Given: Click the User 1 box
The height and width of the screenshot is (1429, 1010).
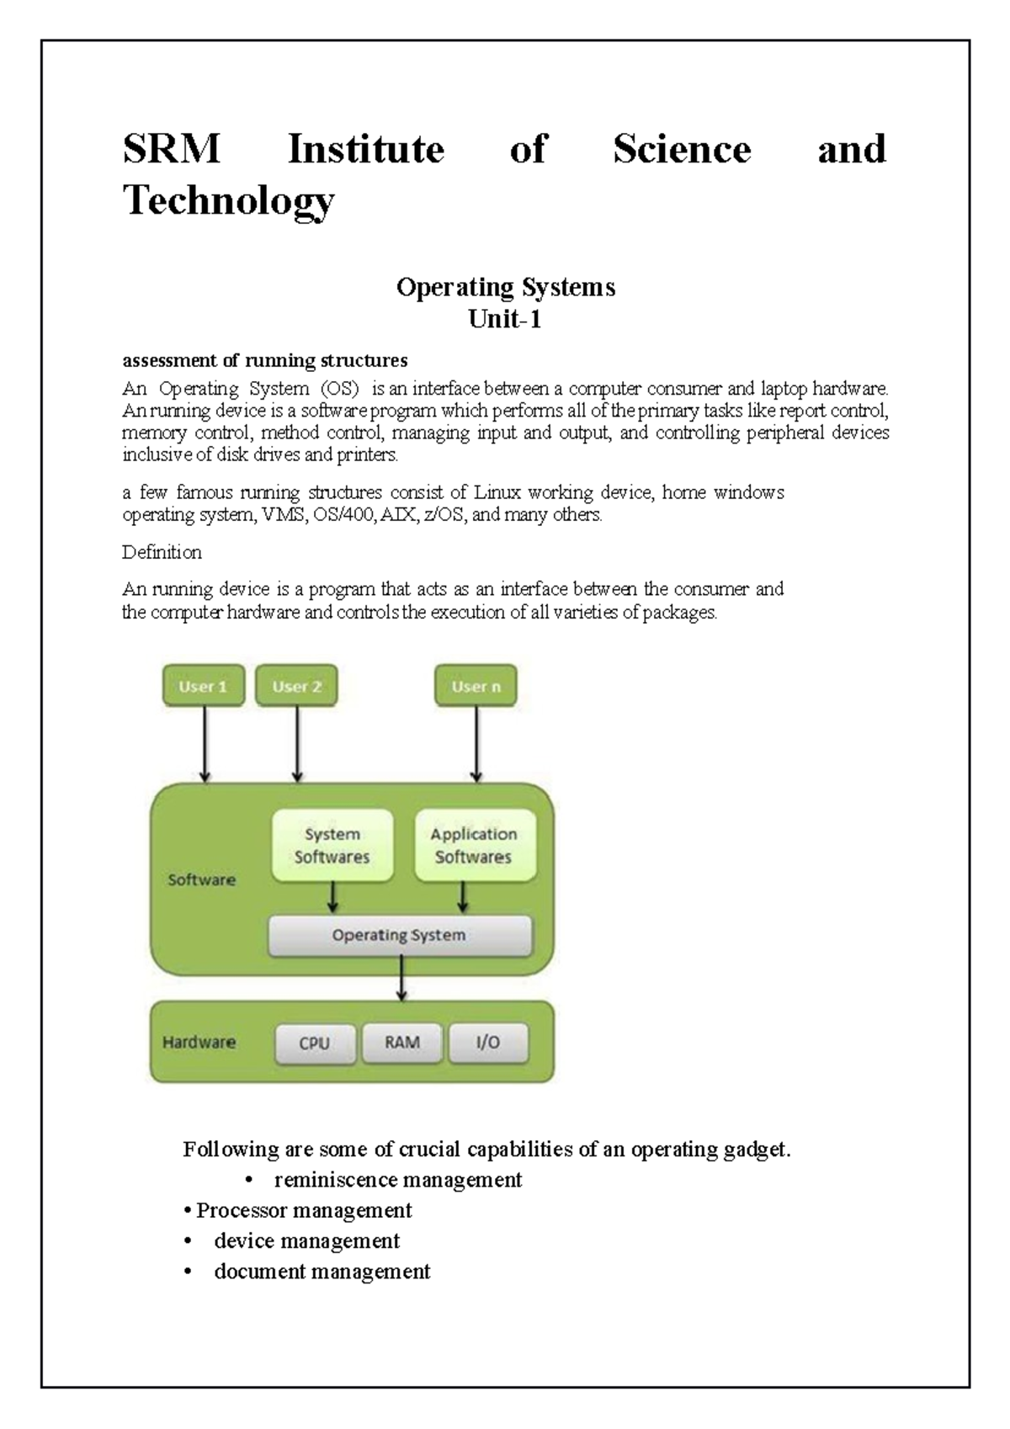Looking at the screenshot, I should [203, 686].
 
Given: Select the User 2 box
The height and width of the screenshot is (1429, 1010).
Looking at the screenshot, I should [296, 686].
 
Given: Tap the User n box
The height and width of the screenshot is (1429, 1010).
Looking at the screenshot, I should [476, 686].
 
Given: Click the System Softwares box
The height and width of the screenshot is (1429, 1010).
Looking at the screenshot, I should [332, 845].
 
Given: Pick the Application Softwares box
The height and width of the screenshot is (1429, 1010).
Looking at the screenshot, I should [474, 845].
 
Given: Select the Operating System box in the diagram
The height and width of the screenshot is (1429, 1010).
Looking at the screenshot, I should [399, 935].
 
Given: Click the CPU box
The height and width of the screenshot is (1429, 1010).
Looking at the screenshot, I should [315, 1043].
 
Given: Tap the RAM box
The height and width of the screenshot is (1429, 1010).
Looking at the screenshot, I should [402, 1042].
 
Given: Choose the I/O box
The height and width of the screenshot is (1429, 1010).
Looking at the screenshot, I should [488, 1042].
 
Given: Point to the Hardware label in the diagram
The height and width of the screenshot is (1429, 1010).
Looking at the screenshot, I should [199, 1042].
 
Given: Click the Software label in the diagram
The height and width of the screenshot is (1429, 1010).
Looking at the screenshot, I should [201, 879].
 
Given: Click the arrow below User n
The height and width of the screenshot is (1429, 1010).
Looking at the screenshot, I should [476, 744].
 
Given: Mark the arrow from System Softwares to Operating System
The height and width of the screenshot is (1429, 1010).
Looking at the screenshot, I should [333, 897].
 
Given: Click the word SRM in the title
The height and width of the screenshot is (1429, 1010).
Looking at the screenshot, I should [171, 150].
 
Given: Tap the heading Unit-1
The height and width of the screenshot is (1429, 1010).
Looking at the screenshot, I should [505, 319].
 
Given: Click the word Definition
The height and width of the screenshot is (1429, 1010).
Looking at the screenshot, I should [162, 552].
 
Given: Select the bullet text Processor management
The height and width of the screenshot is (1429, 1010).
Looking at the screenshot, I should [304, 1210].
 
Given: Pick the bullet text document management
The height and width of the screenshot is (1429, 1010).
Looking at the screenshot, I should [322, 1271].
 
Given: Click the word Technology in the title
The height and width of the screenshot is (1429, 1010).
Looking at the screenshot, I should [229, 200].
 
